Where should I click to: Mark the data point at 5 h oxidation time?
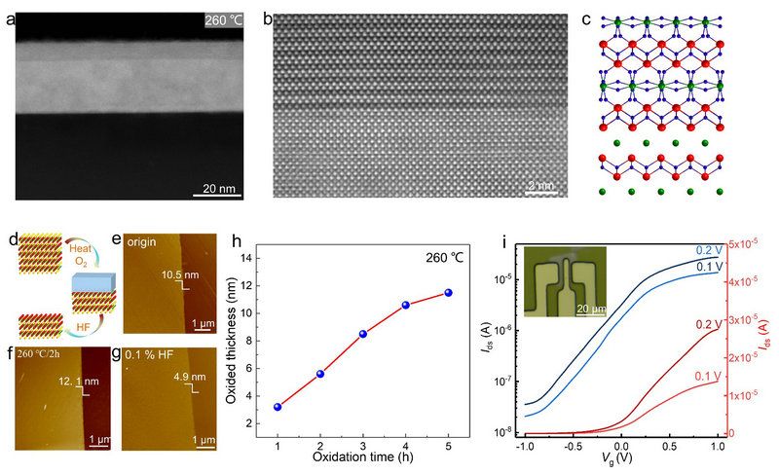(449, 292)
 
